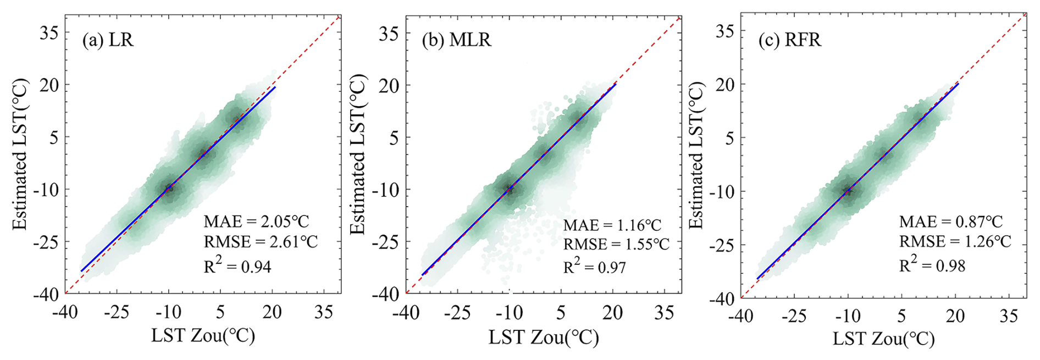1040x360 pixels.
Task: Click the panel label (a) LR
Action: coord(108,40)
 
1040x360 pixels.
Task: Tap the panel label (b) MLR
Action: coord(456,40)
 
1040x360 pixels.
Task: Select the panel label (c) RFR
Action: coord(790,40)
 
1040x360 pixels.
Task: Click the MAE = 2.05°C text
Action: coord(256,221)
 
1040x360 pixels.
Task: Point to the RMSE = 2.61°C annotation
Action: coord(261,242)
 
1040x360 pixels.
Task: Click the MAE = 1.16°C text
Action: coord(612,225)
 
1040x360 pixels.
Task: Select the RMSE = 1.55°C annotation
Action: coord(616,244)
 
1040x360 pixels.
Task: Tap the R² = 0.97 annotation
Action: coord(595,267)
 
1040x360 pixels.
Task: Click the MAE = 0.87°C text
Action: coord(951,221)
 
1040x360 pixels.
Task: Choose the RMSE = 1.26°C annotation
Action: coord(955,241)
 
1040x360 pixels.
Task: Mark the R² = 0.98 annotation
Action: coord(932,265)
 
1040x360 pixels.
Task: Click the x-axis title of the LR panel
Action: coord(203,336)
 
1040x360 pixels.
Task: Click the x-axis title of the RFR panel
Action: coord(883,339)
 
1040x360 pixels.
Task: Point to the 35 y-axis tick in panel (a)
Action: coord(49,32)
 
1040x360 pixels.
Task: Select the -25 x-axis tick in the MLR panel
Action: coord(456,313)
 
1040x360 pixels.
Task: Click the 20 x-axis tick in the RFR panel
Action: coord(955,316)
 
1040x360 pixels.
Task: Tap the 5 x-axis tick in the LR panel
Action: coord(220,313)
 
